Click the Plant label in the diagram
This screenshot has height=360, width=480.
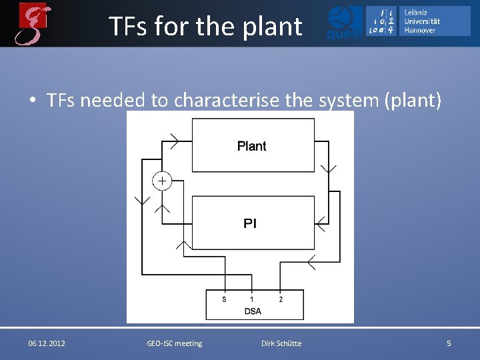coord(251,146)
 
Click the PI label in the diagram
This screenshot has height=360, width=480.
coord(250,223)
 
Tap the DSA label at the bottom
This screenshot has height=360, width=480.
coord(253,311)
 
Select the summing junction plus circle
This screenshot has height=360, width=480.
coord(162,181)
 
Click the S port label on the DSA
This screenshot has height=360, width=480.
coord(224,299)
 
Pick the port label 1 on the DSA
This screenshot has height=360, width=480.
coord(251,299)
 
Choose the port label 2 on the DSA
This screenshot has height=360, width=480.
coord(281,299)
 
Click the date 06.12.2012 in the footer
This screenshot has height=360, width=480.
coord(47,343)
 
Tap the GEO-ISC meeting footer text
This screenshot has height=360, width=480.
coord(174,343)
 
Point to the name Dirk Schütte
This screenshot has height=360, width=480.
coord(281,343)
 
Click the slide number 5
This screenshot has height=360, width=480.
coord(449,343)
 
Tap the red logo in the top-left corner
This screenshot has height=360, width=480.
coord(33,23)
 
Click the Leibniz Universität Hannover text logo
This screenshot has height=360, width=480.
coord(425,21)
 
